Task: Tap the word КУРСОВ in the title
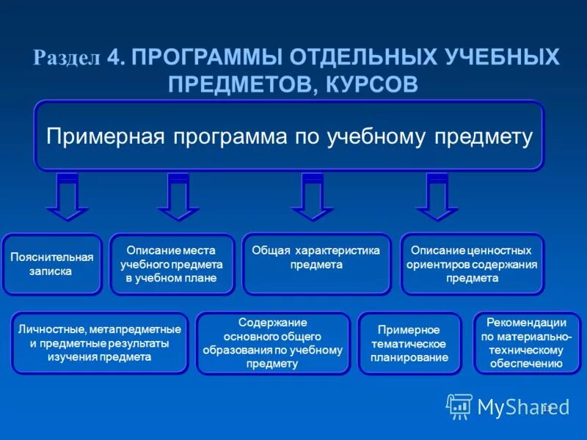(369, 84)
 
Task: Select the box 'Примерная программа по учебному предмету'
(289, 136)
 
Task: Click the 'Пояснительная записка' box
(51, 264)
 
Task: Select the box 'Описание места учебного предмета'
(172, 264)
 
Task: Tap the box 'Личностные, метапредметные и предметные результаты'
(99, 343)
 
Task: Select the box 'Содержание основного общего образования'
(272, 343)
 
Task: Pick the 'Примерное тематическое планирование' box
(409, 343)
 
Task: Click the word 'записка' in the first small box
(51, 271)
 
